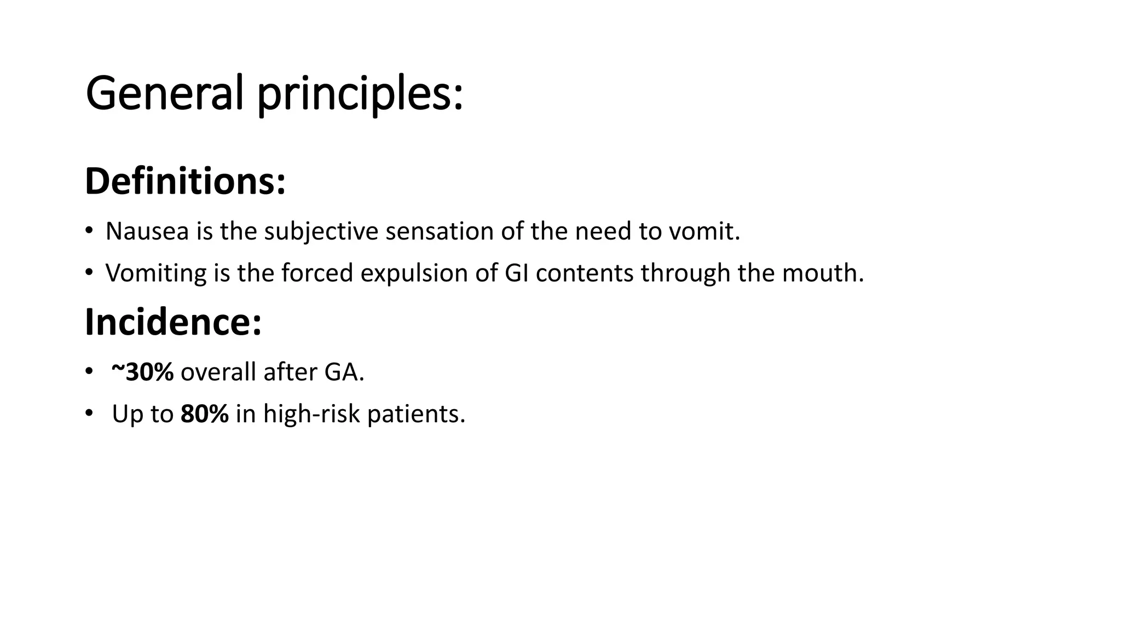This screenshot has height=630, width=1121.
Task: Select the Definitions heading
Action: (185, 181)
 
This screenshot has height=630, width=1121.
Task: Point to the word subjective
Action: (321, 232)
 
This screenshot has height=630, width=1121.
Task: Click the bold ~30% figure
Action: (142, 372)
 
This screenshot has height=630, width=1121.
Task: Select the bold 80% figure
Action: (205, 413)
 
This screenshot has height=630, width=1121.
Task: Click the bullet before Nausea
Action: (89, 230)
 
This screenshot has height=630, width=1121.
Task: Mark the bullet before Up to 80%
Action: (89, 413)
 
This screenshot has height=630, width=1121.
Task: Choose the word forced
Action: (317, 272)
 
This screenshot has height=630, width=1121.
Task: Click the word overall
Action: (218, 372)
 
